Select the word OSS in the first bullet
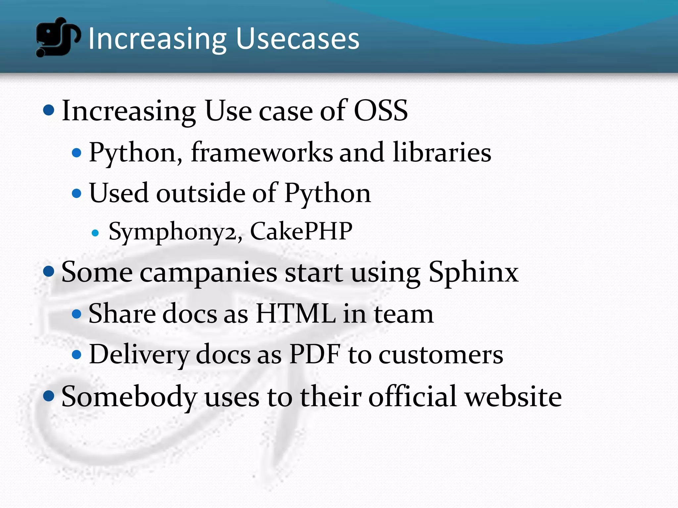[381, 110]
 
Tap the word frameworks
[262, 152]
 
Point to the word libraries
[442, 152]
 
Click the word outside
[201, 193]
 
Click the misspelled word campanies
[209, 273]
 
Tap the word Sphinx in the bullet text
[473, 273]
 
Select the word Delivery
[139, 355]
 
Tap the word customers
[441, 355]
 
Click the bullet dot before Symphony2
[95, 233]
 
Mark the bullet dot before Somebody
[49, 396]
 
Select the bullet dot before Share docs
[76, 314]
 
